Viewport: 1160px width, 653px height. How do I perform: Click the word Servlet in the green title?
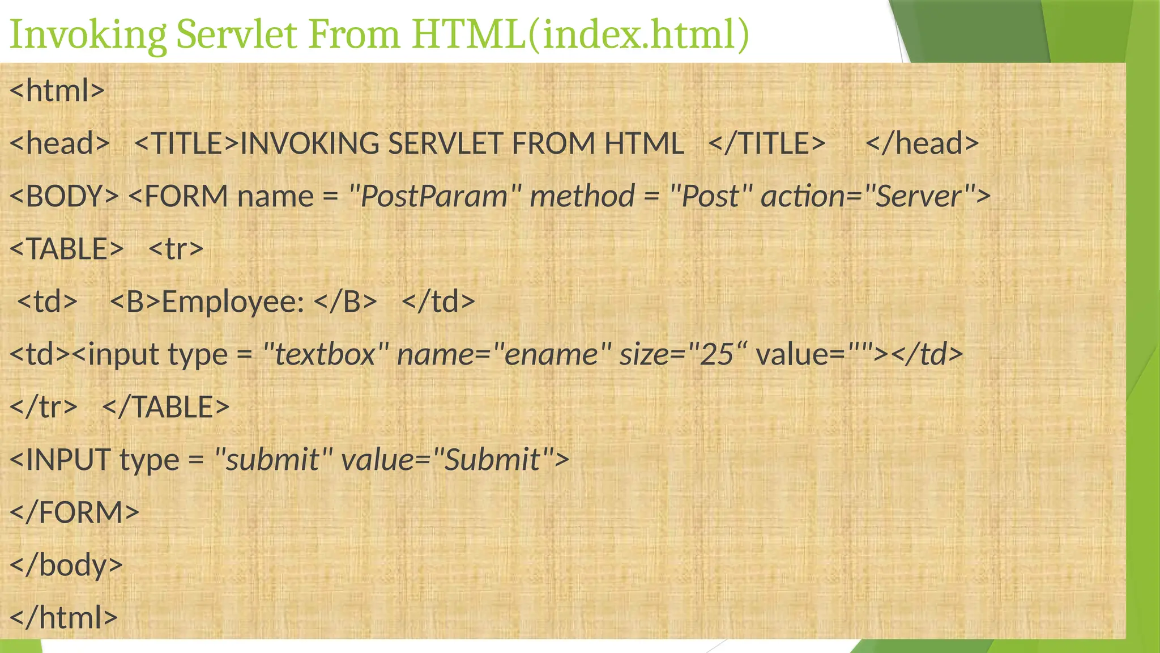[236, 35]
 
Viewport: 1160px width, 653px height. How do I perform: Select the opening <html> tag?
[57, 91]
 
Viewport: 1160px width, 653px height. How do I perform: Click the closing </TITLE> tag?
[767, 143]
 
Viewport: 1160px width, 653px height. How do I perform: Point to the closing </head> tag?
[922, 143]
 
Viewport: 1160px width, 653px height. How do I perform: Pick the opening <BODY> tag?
[64, 196]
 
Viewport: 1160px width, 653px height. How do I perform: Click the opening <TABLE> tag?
[66, 249]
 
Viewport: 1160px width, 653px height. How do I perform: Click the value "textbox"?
[325, 354]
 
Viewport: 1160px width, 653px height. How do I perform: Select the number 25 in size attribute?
[717, 354]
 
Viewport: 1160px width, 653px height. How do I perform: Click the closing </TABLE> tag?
[166, 407]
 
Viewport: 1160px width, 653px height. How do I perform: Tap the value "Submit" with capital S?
[492, 459]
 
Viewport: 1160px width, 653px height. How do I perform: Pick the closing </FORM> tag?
[74, 512]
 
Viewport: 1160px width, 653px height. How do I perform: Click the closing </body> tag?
[66, 565]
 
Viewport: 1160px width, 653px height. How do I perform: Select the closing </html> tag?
[64, 617]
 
